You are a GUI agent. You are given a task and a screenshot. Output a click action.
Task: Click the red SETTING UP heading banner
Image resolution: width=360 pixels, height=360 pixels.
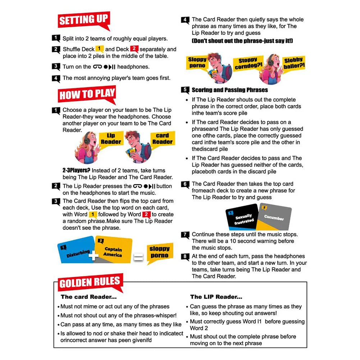pos(83,20)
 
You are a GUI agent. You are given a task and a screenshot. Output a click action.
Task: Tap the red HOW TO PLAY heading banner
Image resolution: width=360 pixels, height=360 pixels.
pos(87,95)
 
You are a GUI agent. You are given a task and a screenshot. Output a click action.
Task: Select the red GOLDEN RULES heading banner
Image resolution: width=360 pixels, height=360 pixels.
pos(90,283)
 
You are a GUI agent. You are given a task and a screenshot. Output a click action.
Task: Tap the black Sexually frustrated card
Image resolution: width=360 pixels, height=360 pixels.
pos(242,218)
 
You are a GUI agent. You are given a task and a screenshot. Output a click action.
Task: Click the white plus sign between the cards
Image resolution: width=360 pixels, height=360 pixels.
pos(94,256)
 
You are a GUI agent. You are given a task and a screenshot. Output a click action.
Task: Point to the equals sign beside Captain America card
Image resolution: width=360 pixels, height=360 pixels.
pos(138,257)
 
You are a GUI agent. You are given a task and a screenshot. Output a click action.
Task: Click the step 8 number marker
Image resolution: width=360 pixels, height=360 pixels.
pos(185,256)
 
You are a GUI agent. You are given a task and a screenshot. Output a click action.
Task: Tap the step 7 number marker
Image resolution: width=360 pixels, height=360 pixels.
pos(185,235)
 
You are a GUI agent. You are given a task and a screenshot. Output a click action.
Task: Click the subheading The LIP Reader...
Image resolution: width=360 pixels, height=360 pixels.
pos(216,297)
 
